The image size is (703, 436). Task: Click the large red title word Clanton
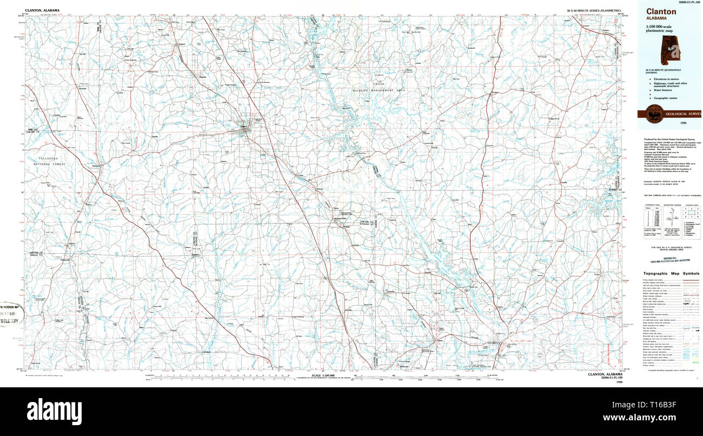click(660, 11)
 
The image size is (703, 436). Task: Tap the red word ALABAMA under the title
click(655, 18)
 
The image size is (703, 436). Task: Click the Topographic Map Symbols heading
click(671, 273)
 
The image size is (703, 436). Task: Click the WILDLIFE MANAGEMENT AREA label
click(379, 90)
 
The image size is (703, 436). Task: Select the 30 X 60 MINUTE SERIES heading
click(594, 11)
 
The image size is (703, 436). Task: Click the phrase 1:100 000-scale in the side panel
click(661, 27)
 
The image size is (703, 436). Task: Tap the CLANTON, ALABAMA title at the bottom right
click(605, 374)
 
